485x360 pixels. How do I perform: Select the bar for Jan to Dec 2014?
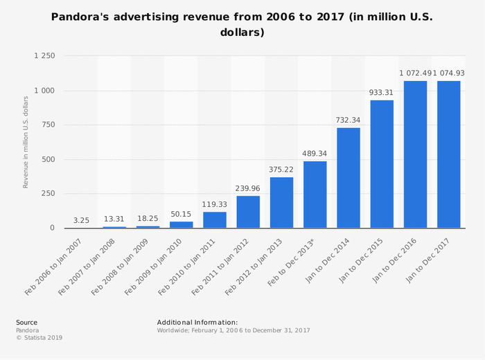click(x=349, y=178)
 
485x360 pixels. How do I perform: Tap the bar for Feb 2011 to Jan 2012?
click(x=248, y=212)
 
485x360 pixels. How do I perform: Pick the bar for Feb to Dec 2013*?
click(x=315, y=195)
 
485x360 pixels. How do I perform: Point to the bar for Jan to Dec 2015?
click(x=382, y=164)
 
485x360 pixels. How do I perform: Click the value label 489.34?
click(x=315, y=154)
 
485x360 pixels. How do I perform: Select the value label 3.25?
click(x=81, y=220)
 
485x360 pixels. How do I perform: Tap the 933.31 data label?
click(x=382, y=93)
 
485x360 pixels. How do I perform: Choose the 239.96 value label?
click(x=248, y=188)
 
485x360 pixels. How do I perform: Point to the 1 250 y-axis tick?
click(x=44, y=56)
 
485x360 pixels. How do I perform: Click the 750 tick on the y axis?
click(x=47, y=125)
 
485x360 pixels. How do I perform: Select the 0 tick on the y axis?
click(x=51, y=228)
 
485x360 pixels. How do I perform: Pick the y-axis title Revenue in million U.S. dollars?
click(x=26, y=142)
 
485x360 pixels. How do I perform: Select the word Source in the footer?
click(x=26, y=322)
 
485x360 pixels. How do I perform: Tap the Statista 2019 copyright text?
click(x=39, y=338)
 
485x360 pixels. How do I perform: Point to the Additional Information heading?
click(x=197, y=322)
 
